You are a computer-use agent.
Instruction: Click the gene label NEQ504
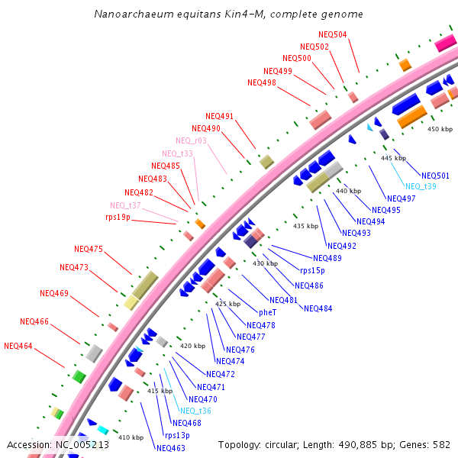point(332,34)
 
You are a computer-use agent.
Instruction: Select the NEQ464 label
point(18,346)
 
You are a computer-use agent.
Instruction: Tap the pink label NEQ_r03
point(191,140)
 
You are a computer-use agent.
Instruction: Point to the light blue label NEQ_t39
point(421,186)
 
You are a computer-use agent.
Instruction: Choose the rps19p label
point(118,218)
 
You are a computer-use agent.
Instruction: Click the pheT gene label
point(267,312)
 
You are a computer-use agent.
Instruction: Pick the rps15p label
point(312,270)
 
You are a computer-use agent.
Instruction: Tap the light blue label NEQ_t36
point(195,411)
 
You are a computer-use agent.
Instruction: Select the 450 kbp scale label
point(440,129)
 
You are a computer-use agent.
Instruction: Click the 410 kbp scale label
point(131,437)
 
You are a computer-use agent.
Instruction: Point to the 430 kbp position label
point(266,263)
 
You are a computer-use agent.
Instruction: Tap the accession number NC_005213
point(82,444)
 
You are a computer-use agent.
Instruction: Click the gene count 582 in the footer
point(442,444)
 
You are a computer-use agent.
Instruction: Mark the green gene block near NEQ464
point(79,376)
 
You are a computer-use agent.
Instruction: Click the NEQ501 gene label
point(435,176)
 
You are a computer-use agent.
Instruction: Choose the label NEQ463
point(171,448)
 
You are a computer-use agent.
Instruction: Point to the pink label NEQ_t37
point(125,205)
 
